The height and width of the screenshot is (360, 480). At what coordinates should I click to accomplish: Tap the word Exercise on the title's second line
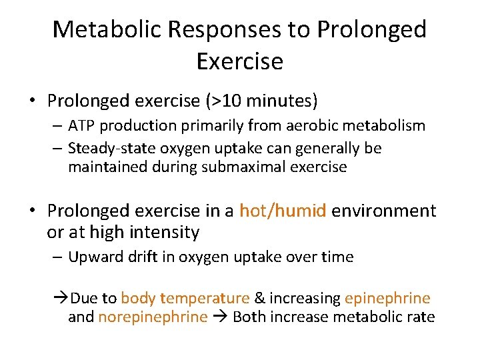coord(240,61)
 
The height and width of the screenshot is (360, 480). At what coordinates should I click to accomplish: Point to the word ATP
coord(83,125)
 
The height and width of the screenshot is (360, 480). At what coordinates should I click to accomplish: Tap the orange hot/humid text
coord(283,211)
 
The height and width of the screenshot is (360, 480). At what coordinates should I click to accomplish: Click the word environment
coord(384,211)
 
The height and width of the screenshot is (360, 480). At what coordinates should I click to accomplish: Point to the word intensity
coord(167,233)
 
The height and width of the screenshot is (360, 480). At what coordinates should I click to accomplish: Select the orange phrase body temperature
coord(185,298)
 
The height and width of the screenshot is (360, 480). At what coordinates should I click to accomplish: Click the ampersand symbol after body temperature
coord(260,298)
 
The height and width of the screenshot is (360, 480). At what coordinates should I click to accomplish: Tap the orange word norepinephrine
coord(153,317)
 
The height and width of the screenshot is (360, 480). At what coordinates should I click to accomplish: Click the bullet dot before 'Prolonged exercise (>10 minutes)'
coord(32,102)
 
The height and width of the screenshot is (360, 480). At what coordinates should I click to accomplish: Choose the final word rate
coord(421,317)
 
